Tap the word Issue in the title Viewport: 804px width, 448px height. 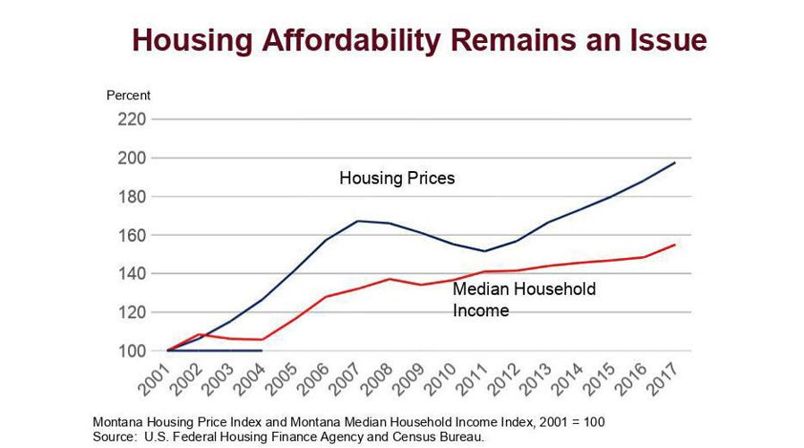click(662, 39)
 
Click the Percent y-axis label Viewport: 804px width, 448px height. click(129, 95)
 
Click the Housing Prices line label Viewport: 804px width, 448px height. click(397, 178)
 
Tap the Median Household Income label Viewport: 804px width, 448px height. click(524, 300)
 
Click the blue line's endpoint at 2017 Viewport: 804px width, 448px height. click(675, 163)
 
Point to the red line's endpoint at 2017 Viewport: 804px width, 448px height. click(675, 245)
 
